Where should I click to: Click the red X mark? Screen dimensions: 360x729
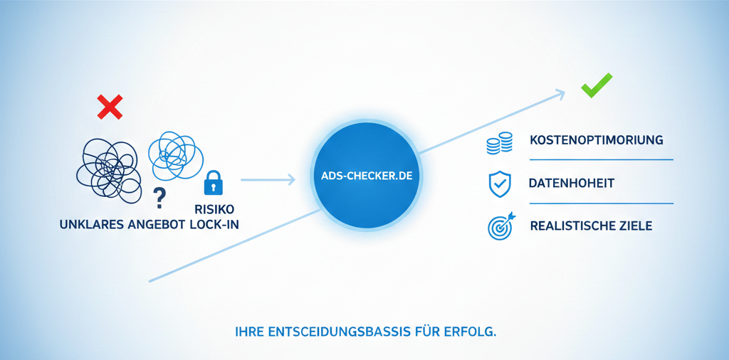110,107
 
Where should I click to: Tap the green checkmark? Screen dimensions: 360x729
596,87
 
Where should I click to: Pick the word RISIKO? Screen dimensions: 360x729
214,209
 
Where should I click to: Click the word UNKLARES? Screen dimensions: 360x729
91,225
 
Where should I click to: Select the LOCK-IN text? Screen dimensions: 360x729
214,225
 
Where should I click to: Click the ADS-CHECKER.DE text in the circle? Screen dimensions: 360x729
364,175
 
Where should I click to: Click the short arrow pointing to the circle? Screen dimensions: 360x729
268,180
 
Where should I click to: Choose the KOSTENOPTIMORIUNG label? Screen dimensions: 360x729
597,140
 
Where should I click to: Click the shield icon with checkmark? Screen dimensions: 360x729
499,184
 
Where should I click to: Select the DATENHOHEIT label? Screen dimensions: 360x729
572,184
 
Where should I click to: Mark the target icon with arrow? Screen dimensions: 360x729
500,226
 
